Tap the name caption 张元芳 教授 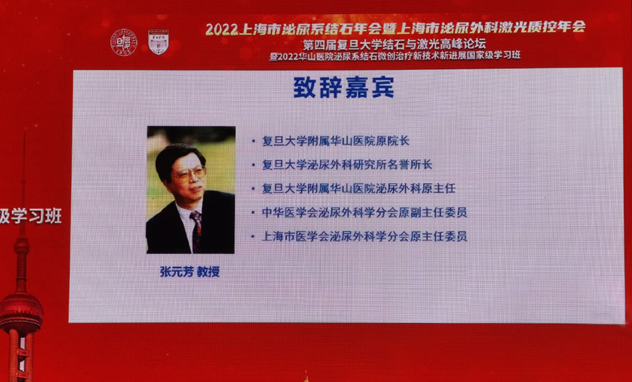(190, 272)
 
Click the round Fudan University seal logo (123, 43)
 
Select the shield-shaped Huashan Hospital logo (159, 42)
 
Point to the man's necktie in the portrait (196, 231)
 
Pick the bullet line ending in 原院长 (336, 141)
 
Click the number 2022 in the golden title (221, 29)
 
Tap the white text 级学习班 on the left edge (31, 216)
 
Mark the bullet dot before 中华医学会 (254, 213)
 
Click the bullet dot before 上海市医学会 (254, 237)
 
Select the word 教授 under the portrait (208, 272)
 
